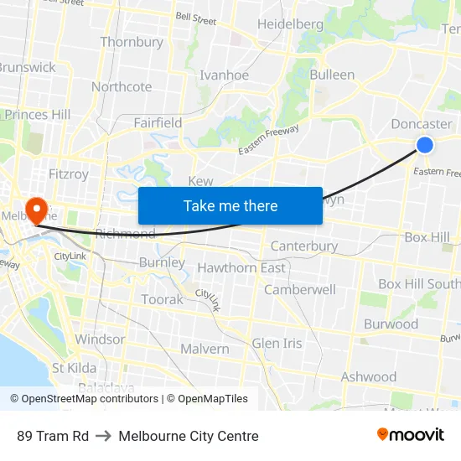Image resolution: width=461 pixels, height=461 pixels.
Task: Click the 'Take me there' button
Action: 230,206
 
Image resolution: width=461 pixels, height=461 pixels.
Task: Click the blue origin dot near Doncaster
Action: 425,145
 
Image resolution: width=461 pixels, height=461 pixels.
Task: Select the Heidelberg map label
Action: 290,24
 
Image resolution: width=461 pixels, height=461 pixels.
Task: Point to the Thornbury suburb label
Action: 132,42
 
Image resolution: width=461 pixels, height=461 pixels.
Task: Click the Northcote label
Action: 122,87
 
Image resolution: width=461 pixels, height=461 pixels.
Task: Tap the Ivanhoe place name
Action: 224,75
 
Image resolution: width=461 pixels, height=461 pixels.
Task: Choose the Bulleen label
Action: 332,75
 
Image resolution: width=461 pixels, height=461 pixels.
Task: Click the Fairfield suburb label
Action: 158,123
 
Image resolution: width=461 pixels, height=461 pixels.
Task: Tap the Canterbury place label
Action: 303,246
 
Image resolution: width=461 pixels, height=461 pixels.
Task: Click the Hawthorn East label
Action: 241,268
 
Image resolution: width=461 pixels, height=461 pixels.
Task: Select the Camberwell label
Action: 300,290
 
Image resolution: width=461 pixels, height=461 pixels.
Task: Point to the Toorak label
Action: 162,299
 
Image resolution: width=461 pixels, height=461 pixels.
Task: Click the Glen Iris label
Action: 277,344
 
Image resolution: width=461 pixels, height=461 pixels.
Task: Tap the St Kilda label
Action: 74,368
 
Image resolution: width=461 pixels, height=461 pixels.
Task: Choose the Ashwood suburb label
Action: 368,377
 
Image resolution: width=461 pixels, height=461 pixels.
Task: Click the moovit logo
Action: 410,435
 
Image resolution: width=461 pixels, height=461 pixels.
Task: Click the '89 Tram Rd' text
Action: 53,436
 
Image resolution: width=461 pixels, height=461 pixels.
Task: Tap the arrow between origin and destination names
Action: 104,436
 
